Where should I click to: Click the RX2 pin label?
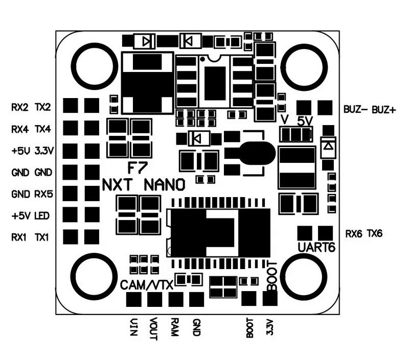20,107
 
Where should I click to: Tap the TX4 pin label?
43,129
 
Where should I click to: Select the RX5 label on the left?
43,194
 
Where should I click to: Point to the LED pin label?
42,215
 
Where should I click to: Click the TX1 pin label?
42,237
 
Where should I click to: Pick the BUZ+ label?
384,110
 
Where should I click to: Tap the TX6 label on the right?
375,233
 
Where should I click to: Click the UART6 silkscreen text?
316,247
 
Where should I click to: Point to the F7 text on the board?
138,167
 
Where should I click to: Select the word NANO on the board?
165,185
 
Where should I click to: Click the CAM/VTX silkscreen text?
147,285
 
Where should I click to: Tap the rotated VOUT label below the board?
153,329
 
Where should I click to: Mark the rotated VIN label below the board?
133,327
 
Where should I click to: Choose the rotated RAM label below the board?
174,327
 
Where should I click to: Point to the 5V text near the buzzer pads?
305,121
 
